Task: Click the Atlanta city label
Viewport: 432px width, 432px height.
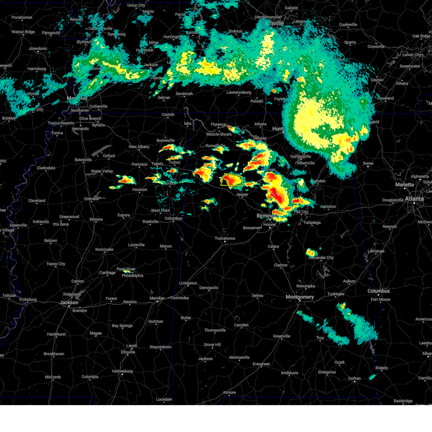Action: point(414,199)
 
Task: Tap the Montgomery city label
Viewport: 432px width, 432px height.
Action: point(300,297)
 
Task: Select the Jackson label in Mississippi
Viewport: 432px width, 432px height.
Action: point(69,302)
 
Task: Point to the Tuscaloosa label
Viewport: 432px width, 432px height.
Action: point(225,238)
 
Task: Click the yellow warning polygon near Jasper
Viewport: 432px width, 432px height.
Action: point(232,180)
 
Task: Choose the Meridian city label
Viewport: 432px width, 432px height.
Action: point(157,298)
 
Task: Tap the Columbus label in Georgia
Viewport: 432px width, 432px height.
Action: point(378,291)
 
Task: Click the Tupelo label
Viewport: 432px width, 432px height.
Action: point(157,164)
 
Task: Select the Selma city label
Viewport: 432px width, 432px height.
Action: point(257,296)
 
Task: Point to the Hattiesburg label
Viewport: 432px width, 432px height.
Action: point(122,371)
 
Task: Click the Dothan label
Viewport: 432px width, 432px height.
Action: point(354,378)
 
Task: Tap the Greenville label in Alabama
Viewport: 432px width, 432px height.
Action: point(282,336)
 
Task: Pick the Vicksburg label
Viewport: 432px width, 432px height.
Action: point(28,300)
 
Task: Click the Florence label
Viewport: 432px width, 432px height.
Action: point(218,125)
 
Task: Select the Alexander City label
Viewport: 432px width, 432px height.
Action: point(321,258)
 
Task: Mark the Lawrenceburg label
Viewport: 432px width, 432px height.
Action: point(239,93)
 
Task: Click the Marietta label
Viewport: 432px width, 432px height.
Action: point(405,185)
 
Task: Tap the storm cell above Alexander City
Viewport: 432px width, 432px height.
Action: point(311,252)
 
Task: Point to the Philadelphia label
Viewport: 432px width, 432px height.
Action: point(132,276)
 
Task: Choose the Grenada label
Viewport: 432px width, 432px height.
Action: point(91,199)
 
